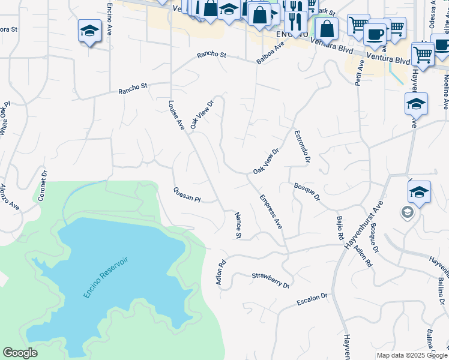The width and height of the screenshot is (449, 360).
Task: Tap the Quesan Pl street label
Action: click(x=186, y=194)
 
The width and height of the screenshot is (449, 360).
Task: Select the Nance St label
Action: click(x=238, y=226)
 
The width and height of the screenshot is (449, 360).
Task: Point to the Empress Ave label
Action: click(x=271, y=211)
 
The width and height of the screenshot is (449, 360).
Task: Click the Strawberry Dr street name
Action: click(x=270, y=280)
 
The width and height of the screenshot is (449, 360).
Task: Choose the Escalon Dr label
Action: click(x=312, y=299)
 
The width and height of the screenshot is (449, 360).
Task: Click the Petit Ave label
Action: click(x=359, y=72)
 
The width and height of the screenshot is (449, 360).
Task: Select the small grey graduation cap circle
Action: click(x=407, y=212)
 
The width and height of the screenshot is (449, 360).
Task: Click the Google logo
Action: click(x=20, y=353)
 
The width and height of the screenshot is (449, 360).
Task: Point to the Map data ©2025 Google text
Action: click(x=411, y=355)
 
